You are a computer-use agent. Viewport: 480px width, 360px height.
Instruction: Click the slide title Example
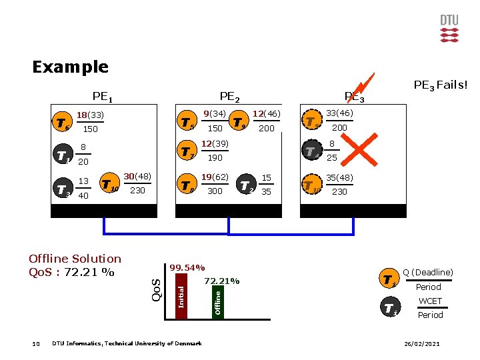point(70,67)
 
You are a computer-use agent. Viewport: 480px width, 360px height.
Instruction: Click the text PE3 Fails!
point(441,85)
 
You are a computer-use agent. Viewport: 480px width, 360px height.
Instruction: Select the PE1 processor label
point(102,98)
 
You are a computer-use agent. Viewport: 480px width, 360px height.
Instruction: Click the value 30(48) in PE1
point(137,176)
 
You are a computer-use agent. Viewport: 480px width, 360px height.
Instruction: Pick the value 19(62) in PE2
point(215,177)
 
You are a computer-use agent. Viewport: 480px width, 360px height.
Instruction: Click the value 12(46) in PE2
point(266,114)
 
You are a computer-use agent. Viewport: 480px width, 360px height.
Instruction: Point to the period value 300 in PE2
point(215,191)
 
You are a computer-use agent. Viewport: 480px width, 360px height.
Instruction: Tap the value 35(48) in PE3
point(339,178)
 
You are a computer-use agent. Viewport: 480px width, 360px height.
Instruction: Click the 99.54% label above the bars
point(187,267)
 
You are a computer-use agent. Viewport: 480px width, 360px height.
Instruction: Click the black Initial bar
point(180,297)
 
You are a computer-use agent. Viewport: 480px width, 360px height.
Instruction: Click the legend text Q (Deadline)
point(428,272)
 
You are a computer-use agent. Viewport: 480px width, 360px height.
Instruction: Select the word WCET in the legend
point(430,301)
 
